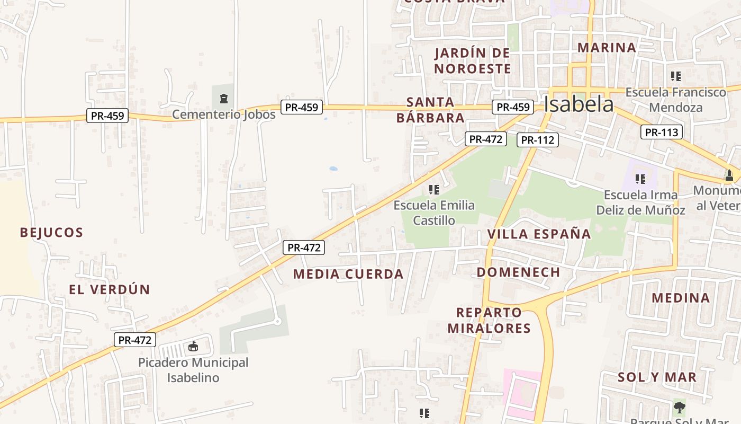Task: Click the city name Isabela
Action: pos(579,104)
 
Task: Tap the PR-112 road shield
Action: pos(537,140)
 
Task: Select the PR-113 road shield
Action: pos(662,132)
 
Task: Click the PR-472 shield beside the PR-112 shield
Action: pos(486,139)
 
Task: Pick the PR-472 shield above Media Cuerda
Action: pos(303,248)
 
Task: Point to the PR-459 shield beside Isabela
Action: pos(512,107)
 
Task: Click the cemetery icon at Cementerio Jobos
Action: pos(223,99)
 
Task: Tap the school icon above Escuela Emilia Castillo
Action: pos(434,189)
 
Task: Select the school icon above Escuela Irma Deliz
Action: pos(640,179)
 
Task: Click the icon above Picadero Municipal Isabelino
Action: pos(193,347)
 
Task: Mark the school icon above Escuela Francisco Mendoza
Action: pos(675,76)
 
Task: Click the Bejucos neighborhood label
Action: pos(51,233)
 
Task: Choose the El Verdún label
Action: pos(110,290)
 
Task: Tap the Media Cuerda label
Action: pos(348,275)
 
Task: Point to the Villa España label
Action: pos(539,234)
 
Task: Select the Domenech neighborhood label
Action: pos(518,272)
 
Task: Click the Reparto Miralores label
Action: pos(489,320)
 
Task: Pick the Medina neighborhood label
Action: pos(681,298)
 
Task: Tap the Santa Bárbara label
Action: pos(430,110)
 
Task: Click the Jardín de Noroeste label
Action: pos(473,61)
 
